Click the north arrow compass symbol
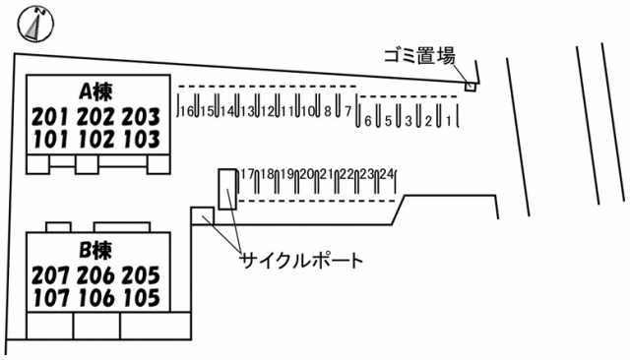tap(36, 23)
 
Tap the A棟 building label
tap(95, 92)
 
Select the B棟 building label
tap(96, 249)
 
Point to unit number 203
tap(141, 117)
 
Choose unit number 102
tap(95, 139)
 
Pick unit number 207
tap(50, 273)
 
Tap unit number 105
tap(141, 295)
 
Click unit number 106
tap(95, 295)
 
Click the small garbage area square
tap(471, 87)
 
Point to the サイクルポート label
tap(302, 261)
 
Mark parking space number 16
tap(187, 111)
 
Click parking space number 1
tap(449, 121)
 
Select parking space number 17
tap(247, 174)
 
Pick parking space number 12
tap(267, 111)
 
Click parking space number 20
tap(307, 174)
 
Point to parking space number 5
tap(388, 121)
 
